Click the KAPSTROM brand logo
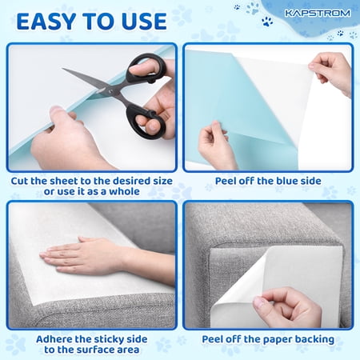[318, 13]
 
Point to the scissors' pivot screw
[111, 91]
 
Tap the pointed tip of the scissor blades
[63, 69]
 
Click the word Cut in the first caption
[19, 181]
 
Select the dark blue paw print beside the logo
[267, 22]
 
